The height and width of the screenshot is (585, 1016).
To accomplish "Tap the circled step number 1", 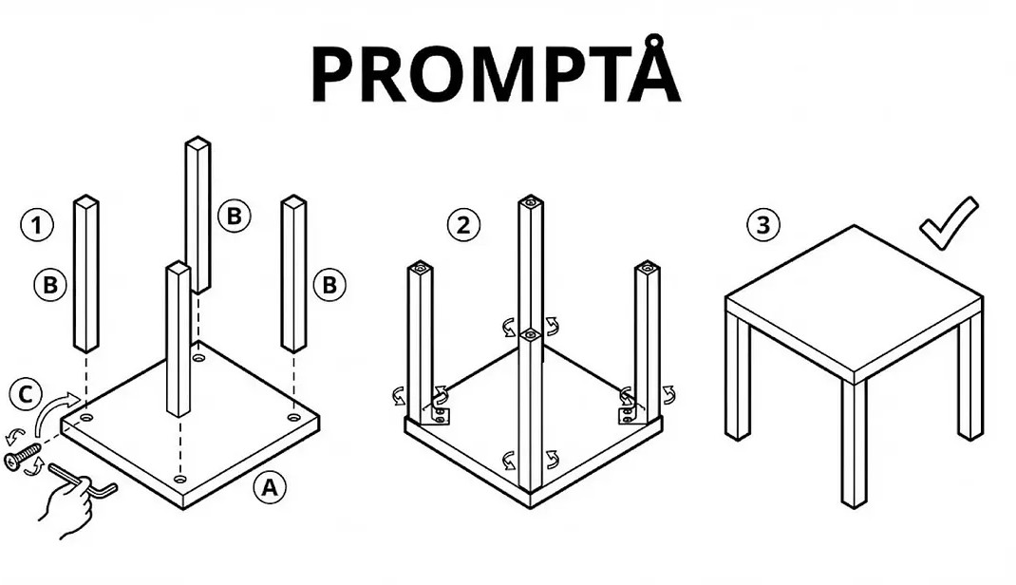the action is [37, 225].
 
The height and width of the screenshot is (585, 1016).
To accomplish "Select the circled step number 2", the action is [464, 225].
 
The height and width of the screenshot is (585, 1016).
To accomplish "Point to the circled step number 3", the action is [763, 225].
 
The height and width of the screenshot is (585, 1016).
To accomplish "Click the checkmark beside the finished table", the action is [948, 225].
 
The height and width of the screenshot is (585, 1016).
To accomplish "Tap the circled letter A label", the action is [270, 487].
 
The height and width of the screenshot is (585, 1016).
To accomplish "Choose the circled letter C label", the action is [26, 394].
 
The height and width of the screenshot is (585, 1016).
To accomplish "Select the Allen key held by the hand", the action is [83, 480].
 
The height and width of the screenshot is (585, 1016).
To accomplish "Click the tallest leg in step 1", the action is [198, 215].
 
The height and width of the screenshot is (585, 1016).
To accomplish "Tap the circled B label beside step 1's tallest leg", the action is [234, 216].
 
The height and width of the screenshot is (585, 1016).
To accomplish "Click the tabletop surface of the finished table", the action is [854, 299].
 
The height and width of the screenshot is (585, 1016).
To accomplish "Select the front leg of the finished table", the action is [854, 442].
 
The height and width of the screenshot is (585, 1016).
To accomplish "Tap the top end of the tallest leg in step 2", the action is [530, 201].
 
